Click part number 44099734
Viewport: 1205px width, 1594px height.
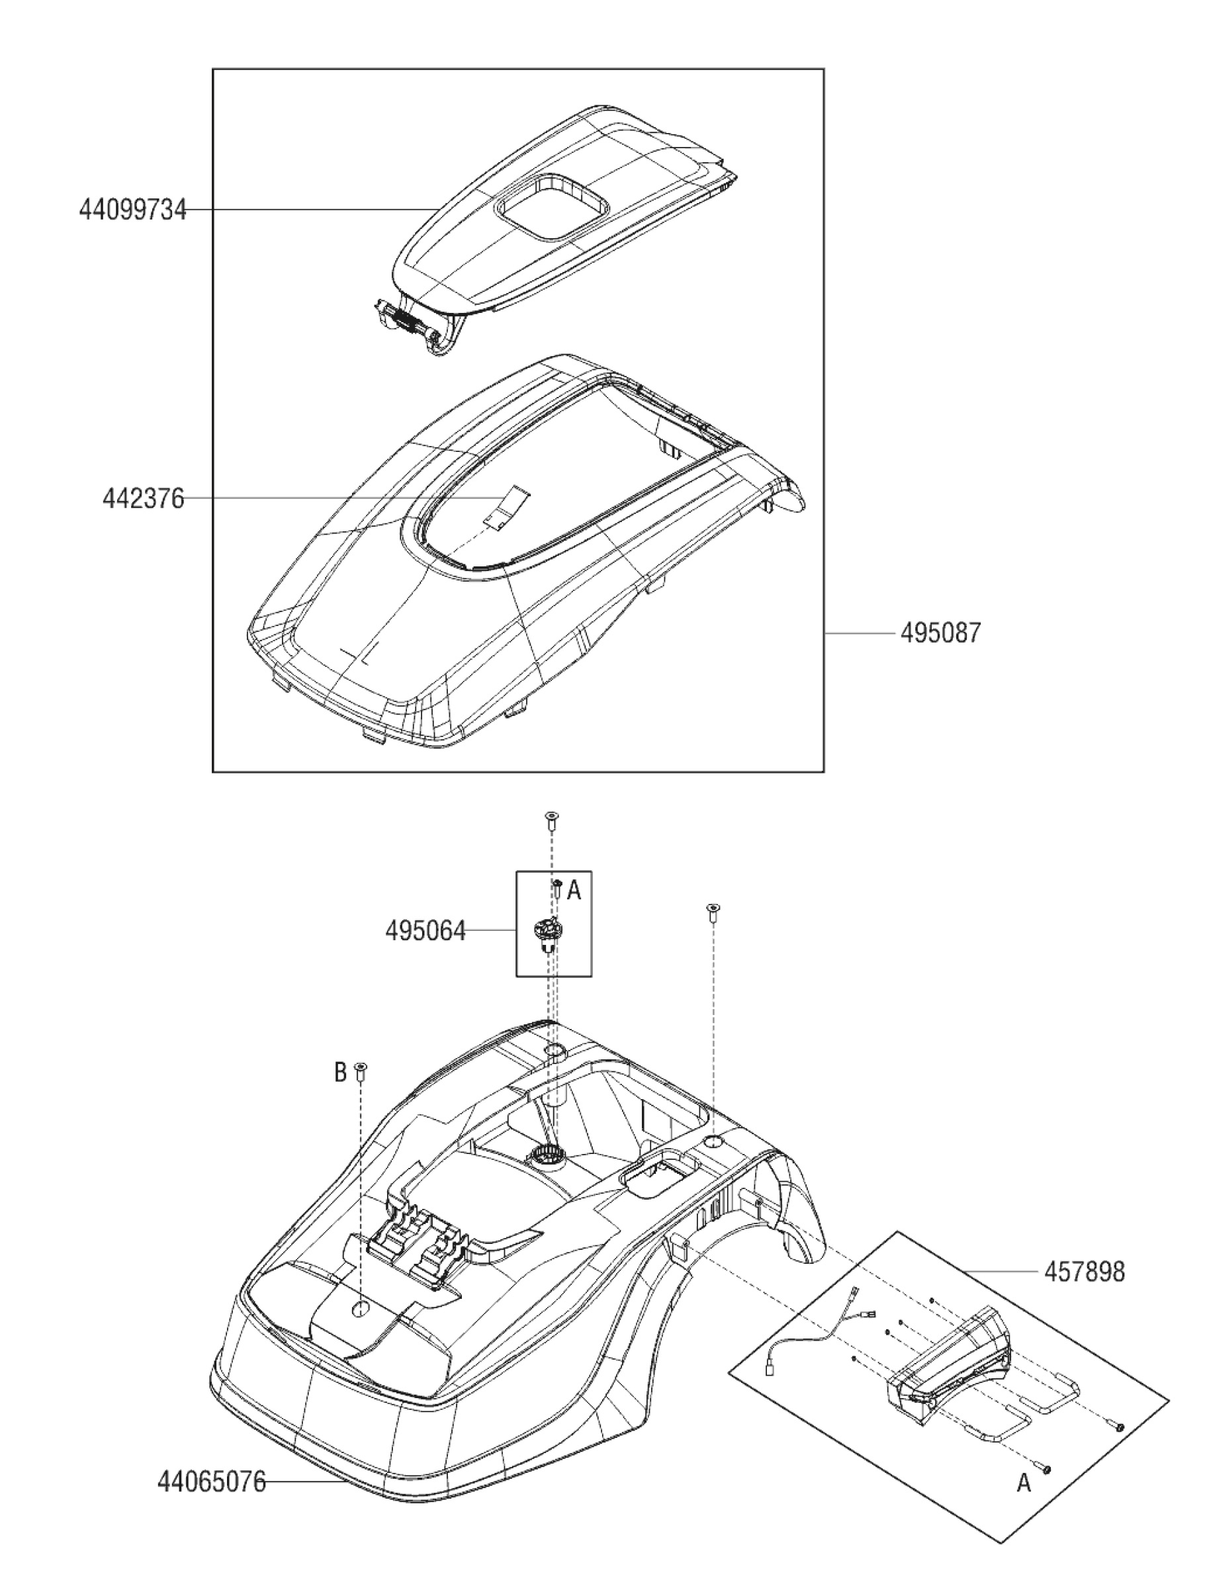132,210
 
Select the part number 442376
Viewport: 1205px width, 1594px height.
144,499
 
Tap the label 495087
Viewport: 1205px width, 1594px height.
940,633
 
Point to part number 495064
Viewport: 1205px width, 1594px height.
425,931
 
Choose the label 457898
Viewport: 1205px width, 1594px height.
1084,1272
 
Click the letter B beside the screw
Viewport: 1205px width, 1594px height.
341,1073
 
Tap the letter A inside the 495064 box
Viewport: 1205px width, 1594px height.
574,891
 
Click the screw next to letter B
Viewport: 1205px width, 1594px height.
362,1073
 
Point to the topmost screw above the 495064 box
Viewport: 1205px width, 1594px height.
552,819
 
